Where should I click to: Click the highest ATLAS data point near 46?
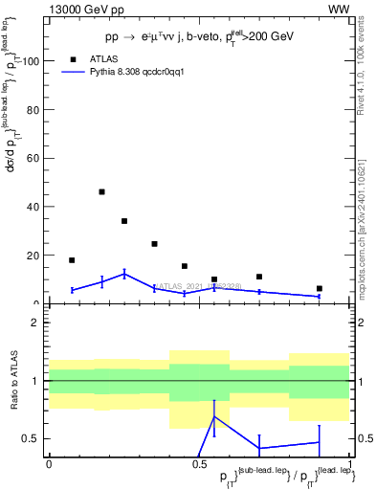point(101,191)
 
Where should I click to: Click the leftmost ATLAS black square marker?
point(72,260)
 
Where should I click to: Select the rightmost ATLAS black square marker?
point(320,288)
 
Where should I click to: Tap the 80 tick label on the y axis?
point(33,110)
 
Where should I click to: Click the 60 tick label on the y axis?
point(33,158)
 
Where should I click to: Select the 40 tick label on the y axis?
point(33,207)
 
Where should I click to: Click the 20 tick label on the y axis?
point(33,256)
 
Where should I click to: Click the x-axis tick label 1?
point(350,463)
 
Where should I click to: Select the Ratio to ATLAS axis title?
point(15,380)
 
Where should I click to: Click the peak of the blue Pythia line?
point(124,274)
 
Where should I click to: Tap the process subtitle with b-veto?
point(200,38)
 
